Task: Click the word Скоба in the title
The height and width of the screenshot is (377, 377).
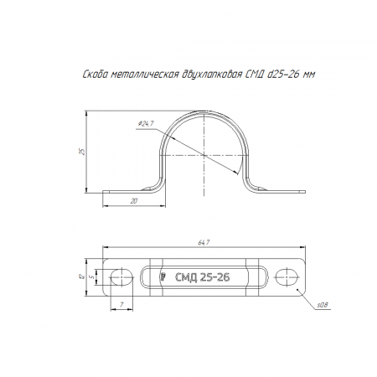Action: click(95, 75)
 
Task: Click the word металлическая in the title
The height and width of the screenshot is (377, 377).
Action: click(144, 75)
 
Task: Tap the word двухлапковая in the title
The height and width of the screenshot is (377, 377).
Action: click(212, 75)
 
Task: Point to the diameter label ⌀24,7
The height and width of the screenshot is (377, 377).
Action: click(146, 123)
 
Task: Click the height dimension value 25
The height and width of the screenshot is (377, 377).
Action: click(82, 152)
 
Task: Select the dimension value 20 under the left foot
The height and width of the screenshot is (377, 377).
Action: click(134, 201)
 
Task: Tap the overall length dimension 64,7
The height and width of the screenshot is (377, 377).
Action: click(204, 243)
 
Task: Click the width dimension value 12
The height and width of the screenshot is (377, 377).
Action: click(81, 276)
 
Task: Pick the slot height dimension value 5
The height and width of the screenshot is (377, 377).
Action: click(92, 276)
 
